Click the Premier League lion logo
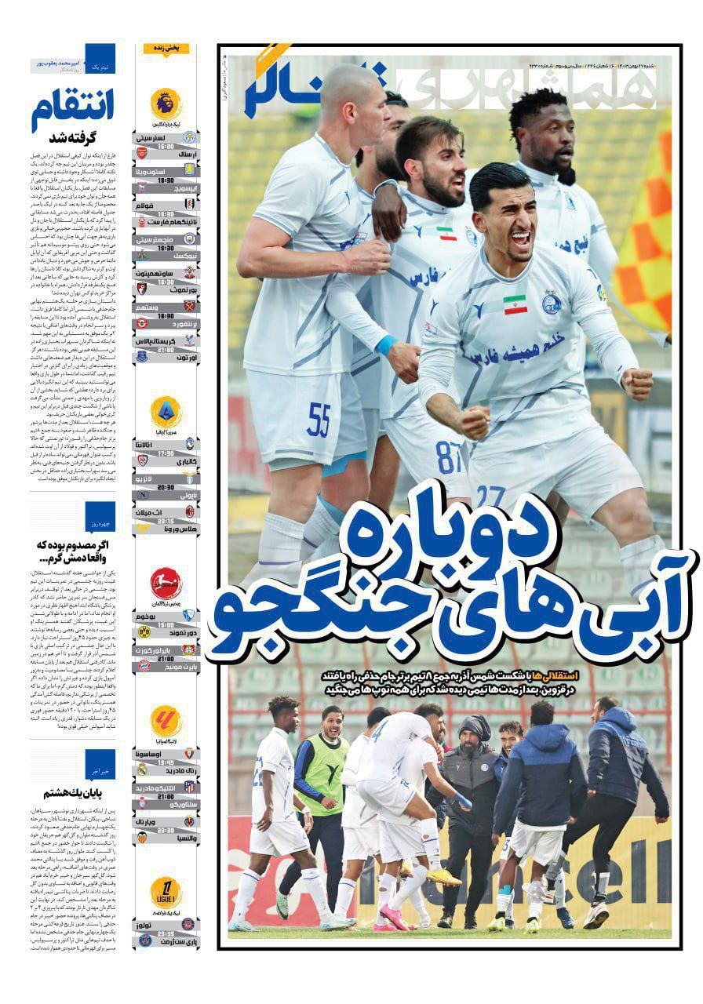(166, 103)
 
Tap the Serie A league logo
(166, 411)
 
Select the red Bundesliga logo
(166, 583)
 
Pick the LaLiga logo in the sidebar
(166, 720)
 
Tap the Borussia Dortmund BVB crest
(143, 631)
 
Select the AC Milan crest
(188, 511)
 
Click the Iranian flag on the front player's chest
(515, 304)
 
